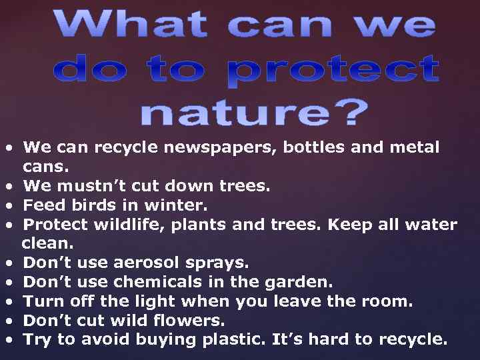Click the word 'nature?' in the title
tap(254, 113)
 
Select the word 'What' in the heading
tap(133, 26)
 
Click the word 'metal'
tap(414, 147)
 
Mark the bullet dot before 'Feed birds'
tap(10, 205)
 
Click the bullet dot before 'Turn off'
tap(10, 302)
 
